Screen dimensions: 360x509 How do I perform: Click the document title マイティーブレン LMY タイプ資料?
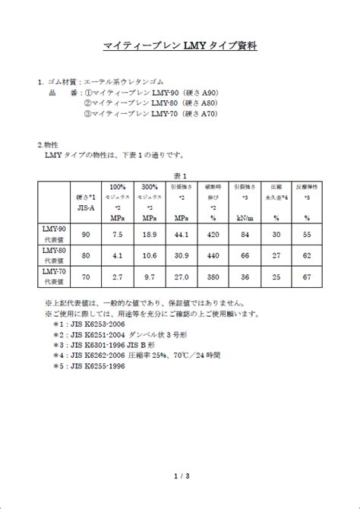(x=180, y=46)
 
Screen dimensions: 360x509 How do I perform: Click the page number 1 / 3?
(x=180, y=476)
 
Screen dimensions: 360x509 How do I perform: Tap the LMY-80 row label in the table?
(x=53, y=254)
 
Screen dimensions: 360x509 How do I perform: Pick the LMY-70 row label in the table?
(x=53, y=277)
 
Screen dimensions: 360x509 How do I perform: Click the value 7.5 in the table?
(x=117, y=235)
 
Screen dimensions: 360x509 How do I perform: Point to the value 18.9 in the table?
(x=150, y=235)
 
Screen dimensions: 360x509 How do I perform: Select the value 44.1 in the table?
(x=182, y=235)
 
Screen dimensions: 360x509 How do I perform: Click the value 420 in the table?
(x=213, y=235)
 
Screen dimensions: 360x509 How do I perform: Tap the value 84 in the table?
(x=245, y=235)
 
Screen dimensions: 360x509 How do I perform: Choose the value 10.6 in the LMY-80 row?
(x=150, y=256)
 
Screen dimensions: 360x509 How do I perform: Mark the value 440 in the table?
(x=213, y=256)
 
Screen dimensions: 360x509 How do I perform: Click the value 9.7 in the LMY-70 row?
(x=150, y=278)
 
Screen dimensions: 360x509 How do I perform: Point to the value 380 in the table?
(x=213, y=278)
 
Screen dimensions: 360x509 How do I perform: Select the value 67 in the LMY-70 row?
(x=307, y=278)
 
